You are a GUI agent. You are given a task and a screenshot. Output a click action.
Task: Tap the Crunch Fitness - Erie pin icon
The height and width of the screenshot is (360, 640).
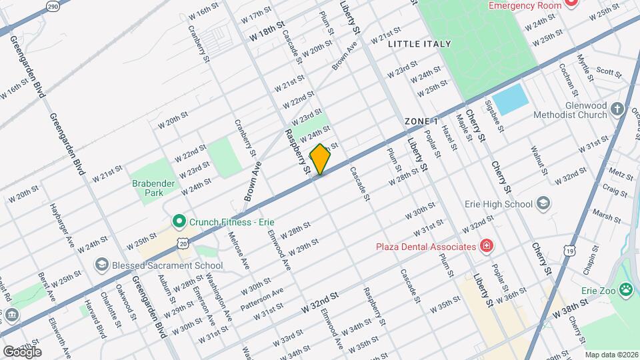pos(179,221)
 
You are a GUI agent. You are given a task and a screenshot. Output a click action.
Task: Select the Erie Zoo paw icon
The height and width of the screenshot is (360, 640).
pos(626,289)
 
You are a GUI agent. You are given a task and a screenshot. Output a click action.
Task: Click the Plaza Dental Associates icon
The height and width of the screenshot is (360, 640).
pos(487,246)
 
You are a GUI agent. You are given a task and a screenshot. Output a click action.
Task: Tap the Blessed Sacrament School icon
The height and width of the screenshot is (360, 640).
pos(102,265)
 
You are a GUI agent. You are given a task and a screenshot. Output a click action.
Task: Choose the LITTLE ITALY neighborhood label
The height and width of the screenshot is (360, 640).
pos(419,44)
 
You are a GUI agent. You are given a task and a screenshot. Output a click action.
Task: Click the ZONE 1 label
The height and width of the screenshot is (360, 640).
pos(421,121)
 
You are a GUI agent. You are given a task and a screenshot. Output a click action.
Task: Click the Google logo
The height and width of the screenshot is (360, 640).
pos(21,351)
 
